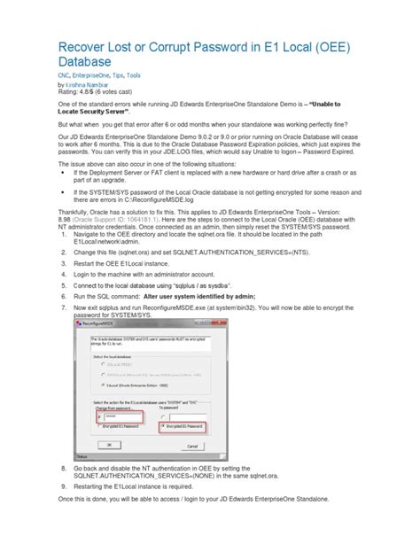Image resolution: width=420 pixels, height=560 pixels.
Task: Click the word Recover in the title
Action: (88, 47)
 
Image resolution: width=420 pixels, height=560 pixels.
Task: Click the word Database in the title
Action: (85, 63)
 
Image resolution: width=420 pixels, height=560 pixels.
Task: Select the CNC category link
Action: (66, 76)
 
